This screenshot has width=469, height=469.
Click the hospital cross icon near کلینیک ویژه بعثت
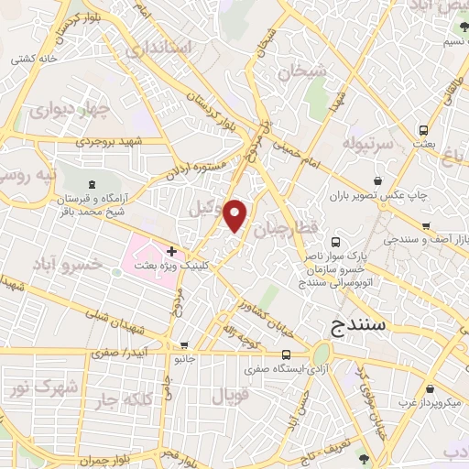tap(171, 250)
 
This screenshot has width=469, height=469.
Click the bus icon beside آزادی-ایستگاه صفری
tap(287, 355)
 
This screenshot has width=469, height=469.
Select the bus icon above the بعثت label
tap(422, 131)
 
